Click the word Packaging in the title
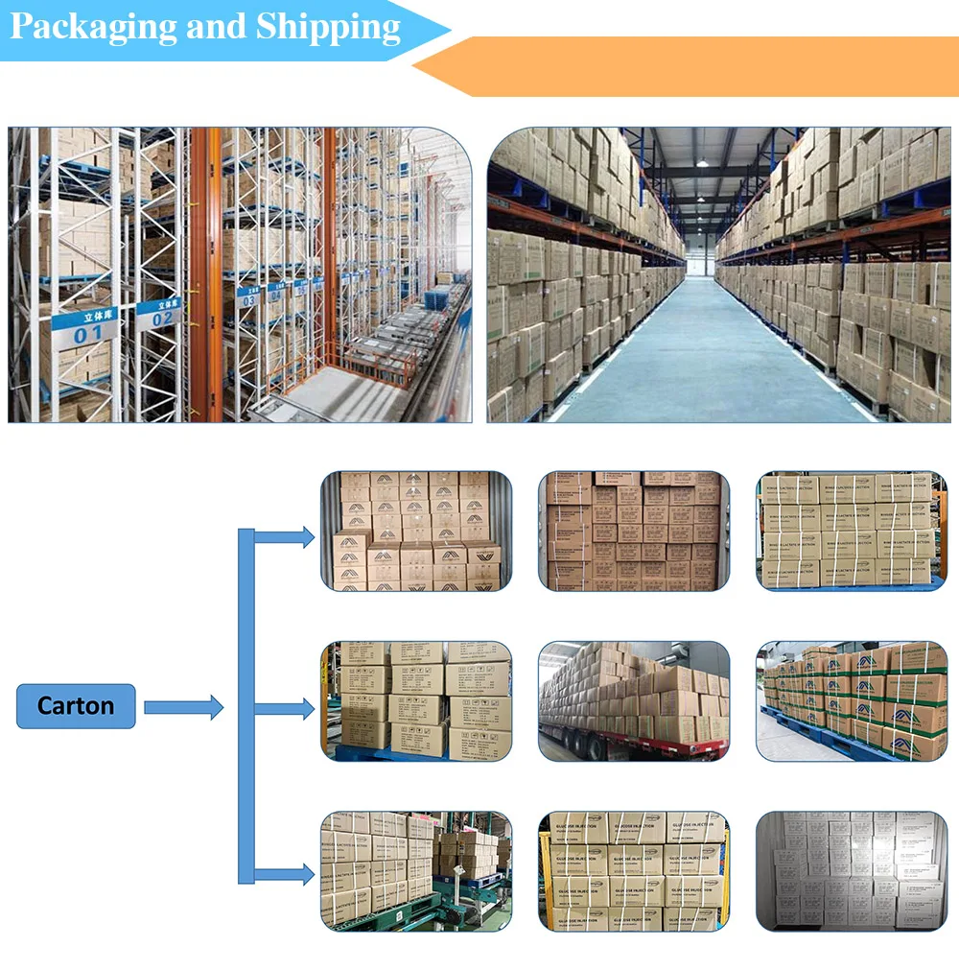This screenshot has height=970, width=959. (93, 27)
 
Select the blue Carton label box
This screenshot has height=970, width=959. (76, 706)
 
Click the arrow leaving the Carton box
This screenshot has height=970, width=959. (182, 709)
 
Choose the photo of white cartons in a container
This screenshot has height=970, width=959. (851, 871)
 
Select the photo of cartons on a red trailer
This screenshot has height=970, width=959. (634, 701)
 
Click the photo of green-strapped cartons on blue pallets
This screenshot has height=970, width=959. (851, 701)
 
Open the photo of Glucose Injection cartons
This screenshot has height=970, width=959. (634, 871)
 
